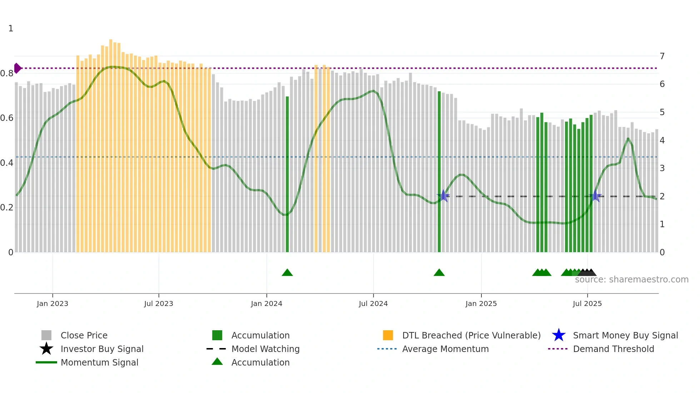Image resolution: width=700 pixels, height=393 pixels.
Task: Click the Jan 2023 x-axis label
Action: click(x=52, y=303)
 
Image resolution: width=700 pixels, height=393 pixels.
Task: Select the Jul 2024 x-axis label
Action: click(x=373, y=303)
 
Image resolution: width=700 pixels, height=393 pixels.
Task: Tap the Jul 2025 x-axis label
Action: click(x=587, y=303)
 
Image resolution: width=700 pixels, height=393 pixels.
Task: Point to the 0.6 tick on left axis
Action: click(x=6, y=118)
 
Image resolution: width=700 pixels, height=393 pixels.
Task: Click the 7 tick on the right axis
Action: click(x=662, y=56)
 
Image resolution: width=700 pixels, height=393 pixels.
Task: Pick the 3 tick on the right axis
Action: click(x=662, y=168)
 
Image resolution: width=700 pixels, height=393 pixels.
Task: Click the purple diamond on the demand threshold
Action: click(x=17, y=68)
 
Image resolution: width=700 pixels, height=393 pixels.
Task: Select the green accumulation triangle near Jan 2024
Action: click(x=287, y=273)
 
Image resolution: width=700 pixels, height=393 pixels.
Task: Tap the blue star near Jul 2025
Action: click(x=595, y=196)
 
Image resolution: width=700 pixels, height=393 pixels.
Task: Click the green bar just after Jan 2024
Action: click(x=287, y=175)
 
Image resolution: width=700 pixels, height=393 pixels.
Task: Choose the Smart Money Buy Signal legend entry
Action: click(x=625, y=335)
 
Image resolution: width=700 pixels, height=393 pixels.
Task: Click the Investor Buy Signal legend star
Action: click(x=46, y=349)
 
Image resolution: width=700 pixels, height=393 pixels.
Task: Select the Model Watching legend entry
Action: click(x=265, y=349)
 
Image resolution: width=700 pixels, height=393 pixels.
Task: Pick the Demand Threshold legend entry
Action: click(x=613, y=349)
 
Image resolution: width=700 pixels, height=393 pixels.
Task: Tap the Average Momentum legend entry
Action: click(x=445, y=349)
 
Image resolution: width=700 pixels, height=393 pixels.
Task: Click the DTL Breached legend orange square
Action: click(x=388, y=335)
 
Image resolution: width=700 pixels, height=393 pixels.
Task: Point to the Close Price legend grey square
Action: click(x=46, y=335)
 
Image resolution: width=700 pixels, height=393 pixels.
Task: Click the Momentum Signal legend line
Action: click(x=46, y=362)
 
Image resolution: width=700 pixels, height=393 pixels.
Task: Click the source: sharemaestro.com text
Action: click(x=631, y=280)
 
